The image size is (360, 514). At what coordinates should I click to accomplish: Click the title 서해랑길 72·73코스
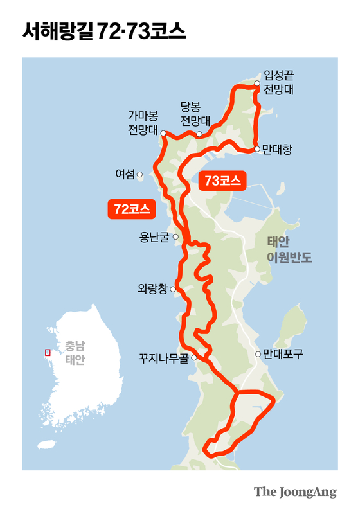(104, 30)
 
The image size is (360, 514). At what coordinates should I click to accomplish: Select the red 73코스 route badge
(222, 181)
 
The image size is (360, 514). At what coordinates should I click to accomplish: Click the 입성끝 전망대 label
(280, 83)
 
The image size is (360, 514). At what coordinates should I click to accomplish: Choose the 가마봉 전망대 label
(143, 121)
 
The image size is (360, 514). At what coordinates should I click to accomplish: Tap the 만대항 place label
(278, 149)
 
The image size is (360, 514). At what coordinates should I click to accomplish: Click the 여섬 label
(125, 173)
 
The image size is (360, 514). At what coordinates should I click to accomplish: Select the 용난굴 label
(154, 237)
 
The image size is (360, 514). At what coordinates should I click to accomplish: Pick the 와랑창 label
(152, 289)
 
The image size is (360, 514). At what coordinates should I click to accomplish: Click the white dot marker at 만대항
(257, 149)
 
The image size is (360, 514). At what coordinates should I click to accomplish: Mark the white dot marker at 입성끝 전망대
(257, 84)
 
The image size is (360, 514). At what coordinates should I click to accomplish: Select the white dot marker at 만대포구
(258, 354)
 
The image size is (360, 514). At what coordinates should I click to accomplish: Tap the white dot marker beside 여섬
(140, 173)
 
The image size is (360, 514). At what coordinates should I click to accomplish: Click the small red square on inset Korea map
(47, 352)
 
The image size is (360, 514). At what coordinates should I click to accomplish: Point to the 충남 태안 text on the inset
(75, 352)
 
